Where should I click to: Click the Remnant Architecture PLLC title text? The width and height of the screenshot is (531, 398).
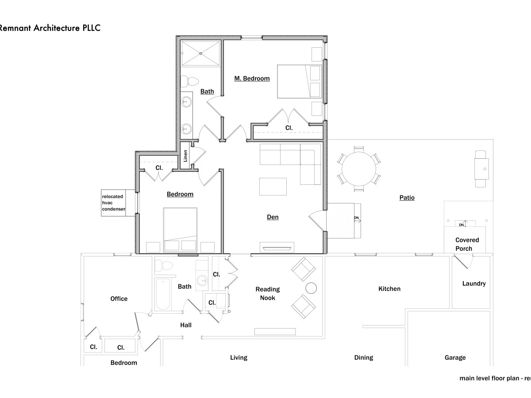click(50, 28)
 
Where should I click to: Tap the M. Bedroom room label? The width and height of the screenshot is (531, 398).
click(252, 78)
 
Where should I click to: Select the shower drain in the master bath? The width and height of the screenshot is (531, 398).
click(200, 54)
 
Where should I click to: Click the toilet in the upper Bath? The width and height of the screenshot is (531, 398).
click(191, 81)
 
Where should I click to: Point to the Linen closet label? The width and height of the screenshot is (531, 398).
click(185, 156)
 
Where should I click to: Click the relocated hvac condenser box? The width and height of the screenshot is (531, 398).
click(113, 203)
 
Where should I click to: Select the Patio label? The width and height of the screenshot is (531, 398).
click(407, 198)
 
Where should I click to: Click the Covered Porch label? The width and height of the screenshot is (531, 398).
click(467, 244)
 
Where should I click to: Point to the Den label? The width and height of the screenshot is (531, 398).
click(273, 217)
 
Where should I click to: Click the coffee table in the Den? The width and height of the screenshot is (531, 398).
click(273, 186)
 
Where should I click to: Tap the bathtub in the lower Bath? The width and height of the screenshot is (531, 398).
click(162, 294)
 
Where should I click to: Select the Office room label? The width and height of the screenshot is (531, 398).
click(119, 298)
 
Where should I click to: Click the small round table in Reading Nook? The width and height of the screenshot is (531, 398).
click(312, 288)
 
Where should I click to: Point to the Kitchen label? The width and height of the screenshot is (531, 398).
click(389, 289)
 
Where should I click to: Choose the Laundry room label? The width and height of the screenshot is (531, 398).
click(473, 283)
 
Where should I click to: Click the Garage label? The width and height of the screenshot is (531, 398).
click(455, 357)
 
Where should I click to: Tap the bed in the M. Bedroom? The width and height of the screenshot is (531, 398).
click(294, 81)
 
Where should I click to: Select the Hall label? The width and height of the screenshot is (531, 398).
click(186, 325)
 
